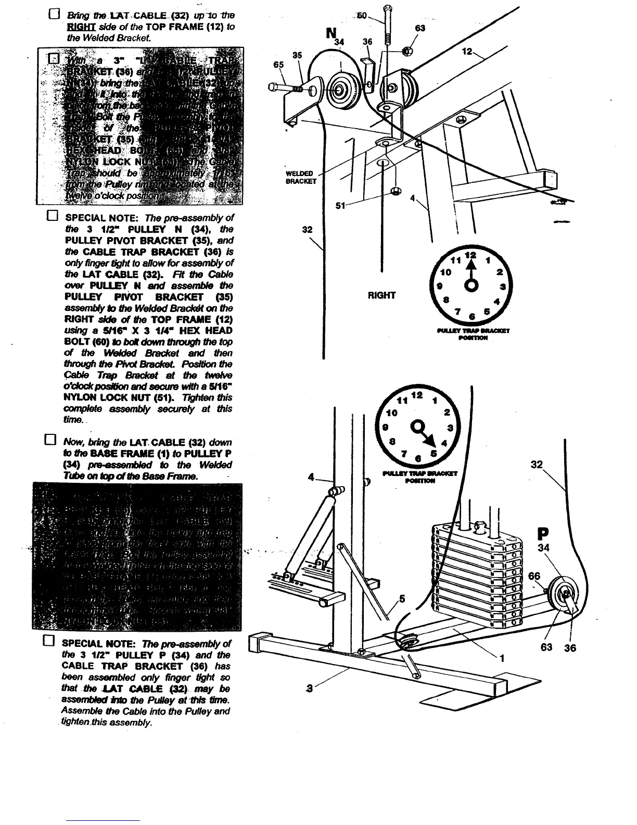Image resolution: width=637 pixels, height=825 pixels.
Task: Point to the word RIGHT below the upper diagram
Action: (381, 295)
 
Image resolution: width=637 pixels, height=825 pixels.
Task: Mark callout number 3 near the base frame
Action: (310, 690)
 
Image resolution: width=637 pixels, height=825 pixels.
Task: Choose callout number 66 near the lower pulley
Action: (534, 576)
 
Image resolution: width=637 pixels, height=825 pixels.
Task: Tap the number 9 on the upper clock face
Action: (440, 286)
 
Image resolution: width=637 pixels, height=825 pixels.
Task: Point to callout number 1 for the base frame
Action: (502, 658)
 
